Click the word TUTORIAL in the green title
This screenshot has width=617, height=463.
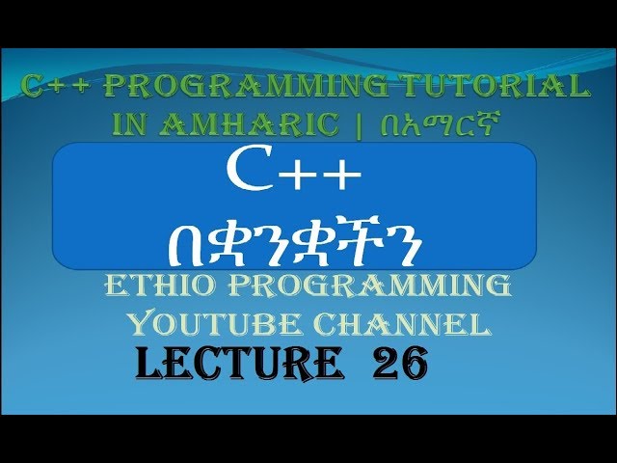[495, 86]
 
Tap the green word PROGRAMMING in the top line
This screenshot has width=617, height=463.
[247, 86]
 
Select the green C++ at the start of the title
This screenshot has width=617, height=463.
[55, 86]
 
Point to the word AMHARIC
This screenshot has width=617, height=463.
[249, 124]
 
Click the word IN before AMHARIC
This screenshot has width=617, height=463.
[132, 124]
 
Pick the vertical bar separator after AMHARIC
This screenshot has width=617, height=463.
[359, 125]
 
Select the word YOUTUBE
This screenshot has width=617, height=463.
[214, 324]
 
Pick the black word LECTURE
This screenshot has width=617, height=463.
[239, 363]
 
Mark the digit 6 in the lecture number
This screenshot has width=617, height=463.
[414, 363]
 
